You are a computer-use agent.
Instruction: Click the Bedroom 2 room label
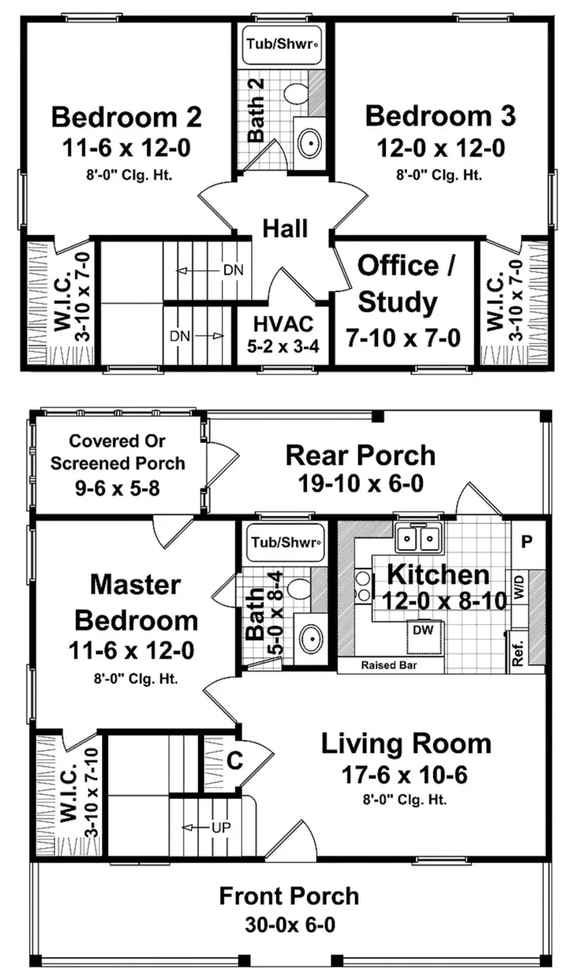click(x=126, y=117)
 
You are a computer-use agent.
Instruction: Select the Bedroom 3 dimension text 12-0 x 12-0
click(x=441, y=148)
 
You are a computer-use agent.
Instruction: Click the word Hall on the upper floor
click(x=285, y=229)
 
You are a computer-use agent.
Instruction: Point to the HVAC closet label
click(x=283, y=324)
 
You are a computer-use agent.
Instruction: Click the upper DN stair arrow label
click(x=233, y=270)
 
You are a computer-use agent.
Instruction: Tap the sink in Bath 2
click(x=310, y=141)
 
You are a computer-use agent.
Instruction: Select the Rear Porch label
click(x=360, y=455)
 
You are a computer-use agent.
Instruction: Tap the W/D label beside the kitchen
click(x=520, y=587)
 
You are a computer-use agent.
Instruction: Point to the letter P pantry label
click(x=527, y=542)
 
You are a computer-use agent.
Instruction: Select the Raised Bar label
click(x=389, y=665)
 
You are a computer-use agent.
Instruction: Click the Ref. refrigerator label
click(x=518, y=653)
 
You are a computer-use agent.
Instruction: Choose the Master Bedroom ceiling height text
click(x=136, y=678)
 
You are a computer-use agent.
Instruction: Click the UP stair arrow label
click(x=220, y=827)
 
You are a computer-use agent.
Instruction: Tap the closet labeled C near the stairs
click(x=235, y=761)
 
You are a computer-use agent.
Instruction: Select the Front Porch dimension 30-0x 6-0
click(x=290, y=925)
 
